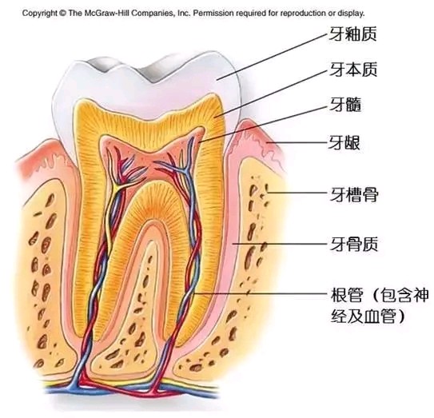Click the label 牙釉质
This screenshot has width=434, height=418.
pyautogui.click(x=353, y=34)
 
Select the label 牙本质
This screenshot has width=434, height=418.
pyautogui.click(x=353, y=69)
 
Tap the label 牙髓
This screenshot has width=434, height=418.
pyautogui.click(x=345, y=105)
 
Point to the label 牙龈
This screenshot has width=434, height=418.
pyautogui.click(x=344, y=143)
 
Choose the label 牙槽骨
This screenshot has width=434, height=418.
pyautogui.click(x=354, y=194)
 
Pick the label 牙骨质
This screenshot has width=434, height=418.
pyautogui.click(x=354, y=244)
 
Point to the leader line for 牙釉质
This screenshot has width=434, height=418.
pyautogui.click(x=272, y=57)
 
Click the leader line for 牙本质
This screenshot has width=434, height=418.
pyautogui.click(x=270, y=94)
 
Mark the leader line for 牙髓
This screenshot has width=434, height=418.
pyautogui.click(x=263, y=125)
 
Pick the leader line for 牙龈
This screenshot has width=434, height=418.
pyautogui.click(x=297, y=143)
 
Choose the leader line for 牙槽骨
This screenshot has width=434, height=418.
pyautogui.click(x=297, y=192)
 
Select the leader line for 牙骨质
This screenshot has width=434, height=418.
pyautogui.click(x=280, y=244)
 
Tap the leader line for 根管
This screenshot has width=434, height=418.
pyautogui.click(x=261, y=293)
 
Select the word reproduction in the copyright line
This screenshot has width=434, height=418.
pyautogui.click(x=304, y=14)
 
